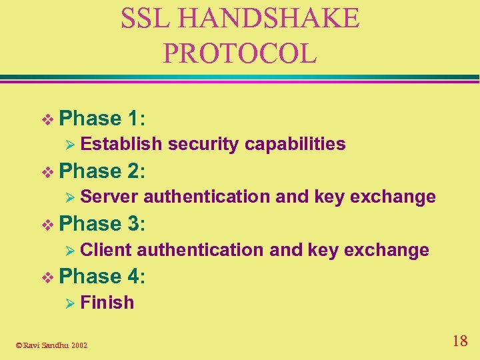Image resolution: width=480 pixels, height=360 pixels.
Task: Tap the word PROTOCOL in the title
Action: pyautogui.click(x=239, y=53)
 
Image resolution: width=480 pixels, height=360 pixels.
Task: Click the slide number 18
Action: pyautogui.click(x=459, y=342)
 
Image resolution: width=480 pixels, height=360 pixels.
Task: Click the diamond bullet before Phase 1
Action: pyautogui.click(x=47, y=119)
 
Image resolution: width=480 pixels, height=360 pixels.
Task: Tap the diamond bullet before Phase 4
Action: pyautogui.click(x=47, y=277)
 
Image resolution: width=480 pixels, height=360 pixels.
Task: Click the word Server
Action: pyautogui.click(x=109, y=197)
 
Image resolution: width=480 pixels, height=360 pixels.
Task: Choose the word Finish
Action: pyautogui.click(x=107, y=303)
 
